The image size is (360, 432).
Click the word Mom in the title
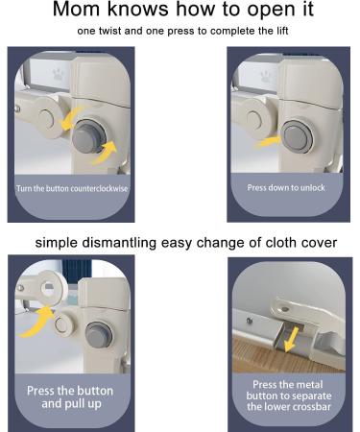[76, 9]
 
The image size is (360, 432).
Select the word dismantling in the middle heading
[119, 242]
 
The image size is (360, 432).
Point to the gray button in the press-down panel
[297, 137]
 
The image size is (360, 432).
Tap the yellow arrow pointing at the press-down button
[268, 141]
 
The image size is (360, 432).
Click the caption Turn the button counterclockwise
[72, 188]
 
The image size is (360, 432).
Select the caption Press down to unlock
[286, 187]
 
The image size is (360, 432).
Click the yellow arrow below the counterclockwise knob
[105, 153]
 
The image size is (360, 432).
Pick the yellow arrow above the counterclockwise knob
[71, 118]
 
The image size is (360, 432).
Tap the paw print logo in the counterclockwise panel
[57, 74]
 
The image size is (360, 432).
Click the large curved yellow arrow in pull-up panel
[36, 322]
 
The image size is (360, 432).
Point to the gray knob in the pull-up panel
[99, 334]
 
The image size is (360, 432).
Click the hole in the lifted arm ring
[49, 286]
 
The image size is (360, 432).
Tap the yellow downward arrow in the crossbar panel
[292, 339]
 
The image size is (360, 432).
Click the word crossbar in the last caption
[309, 406]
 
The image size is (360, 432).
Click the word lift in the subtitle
[282, 31]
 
